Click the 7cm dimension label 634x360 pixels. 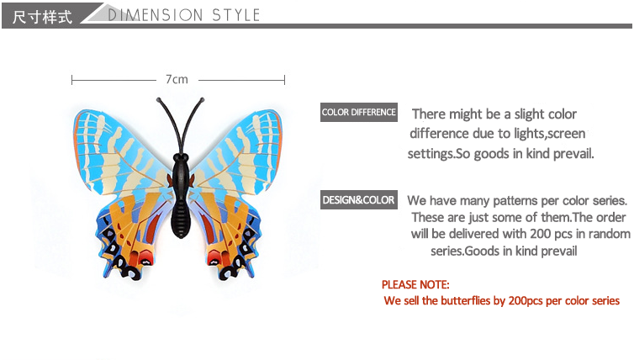click(177, 79)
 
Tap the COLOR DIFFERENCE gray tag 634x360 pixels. click(359, 112)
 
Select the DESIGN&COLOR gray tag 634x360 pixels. click(359, 200)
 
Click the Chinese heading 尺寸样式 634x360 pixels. click(42, 17)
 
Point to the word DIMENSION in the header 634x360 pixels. click(156, 15)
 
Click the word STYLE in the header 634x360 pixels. click(235, 15)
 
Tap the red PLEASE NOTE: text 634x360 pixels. click(415, 285)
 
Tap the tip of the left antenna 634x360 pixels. click(158, 99)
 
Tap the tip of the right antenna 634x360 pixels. click(202, 99)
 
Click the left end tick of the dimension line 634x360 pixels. click(71, 80)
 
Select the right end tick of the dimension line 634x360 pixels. click(285, 80)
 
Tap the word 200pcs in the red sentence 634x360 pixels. click(526, 301)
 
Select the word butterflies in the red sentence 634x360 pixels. click(465, 300)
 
